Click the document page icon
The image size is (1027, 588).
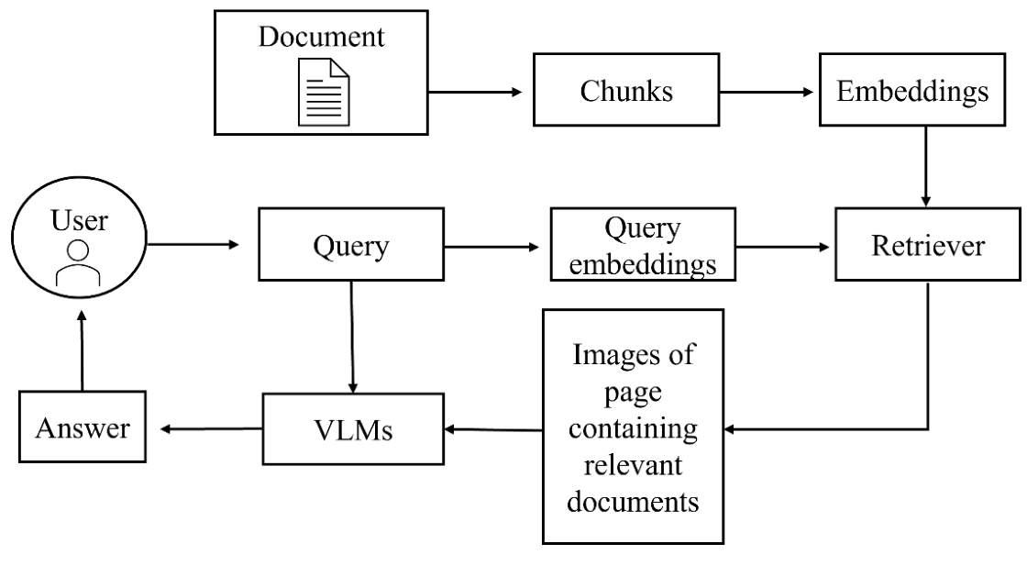point(322,92)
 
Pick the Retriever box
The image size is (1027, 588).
point(926,246)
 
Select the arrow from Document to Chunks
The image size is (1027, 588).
point(475,93)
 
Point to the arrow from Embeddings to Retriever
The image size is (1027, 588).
point(926,165)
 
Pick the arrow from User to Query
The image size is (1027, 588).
point(193,245)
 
